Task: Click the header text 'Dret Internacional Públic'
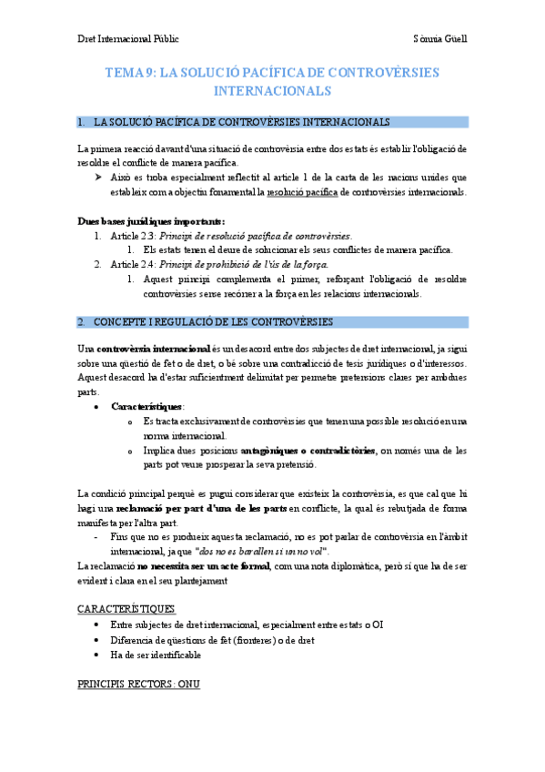(x=127, y=39)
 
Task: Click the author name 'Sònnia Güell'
(x=439, y=39)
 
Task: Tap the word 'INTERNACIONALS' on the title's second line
(x=272, y=92)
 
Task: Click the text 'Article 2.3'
(x=132, y=236)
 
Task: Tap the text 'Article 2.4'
(x=132, y=265)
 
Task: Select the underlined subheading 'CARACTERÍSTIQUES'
(x=126, y=608)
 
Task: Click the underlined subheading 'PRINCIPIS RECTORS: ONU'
(x=138, y=684)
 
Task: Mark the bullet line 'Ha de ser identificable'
(x=156, y=655)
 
